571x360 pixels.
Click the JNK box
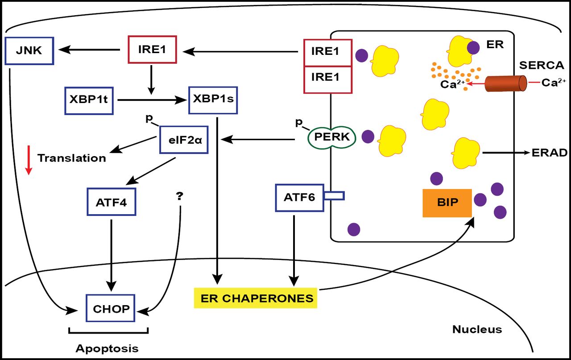(29, 50)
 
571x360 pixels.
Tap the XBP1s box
(213, 99)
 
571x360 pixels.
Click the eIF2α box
(184, 140)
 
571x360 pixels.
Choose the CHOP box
(111, 308)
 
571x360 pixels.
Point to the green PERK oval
(331, 137)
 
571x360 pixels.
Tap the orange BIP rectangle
(447, 202)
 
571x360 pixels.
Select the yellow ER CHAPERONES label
(256, 298)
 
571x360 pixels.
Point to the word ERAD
(550, 153)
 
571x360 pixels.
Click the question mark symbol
(180, 196)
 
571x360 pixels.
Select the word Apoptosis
(107, 348)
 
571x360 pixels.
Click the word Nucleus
(477, 330)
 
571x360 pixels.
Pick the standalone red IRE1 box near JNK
(152, 50)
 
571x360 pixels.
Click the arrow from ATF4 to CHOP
(111, 252)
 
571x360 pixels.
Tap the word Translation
(72, 158)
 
